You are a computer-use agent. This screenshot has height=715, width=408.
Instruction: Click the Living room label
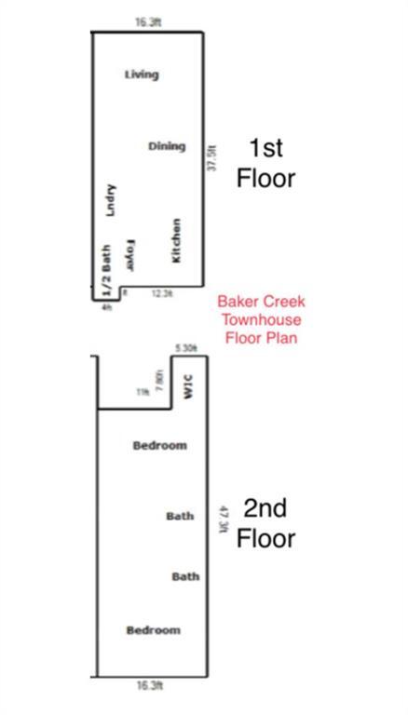(x=142, y=74)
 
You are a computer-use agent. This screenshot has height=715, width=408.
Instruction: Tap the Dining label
(x=167, y=146)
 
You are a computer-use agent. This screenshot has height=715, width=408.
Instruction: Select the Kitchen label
(x=177, y=239)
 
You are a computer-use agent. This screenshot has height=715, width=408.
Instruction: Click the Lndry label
(x=110, y=200)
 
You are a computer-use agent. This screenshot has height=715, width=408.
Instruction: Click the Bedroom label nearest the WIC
(x=159, y=446)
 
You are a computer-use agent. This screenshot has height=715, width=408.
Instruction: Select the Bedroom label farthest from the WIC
(x=153, y=630)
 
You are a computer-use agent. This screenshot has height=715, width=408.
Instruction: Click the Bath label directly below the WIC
(x=180, y=516)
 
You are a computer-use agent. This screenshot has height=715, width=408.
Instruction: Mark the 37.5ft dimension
(x=212, y=155)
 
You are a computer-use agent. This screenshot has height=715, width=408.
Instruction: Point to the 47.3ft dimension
(x=222, y=518)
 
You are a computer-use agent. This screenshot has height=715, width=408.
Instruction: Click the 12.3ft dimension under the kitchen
(x=162, y=294)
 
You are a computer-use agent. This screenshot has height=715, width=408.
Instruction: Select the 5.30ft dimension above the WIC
(x=186, y=348)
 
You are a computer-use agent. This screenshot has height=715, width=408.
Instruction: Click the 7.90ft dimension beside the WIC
(x=160, y=382)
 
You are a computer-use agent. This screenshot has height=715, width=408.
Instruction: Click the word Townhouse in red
(x=261, y=319)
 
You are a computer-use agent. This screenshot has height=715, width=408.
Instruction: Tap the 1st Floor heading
(x=265, y=163)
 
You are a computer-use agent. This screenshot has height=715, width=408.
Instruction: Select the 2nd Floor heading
(x=265, y=523)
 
